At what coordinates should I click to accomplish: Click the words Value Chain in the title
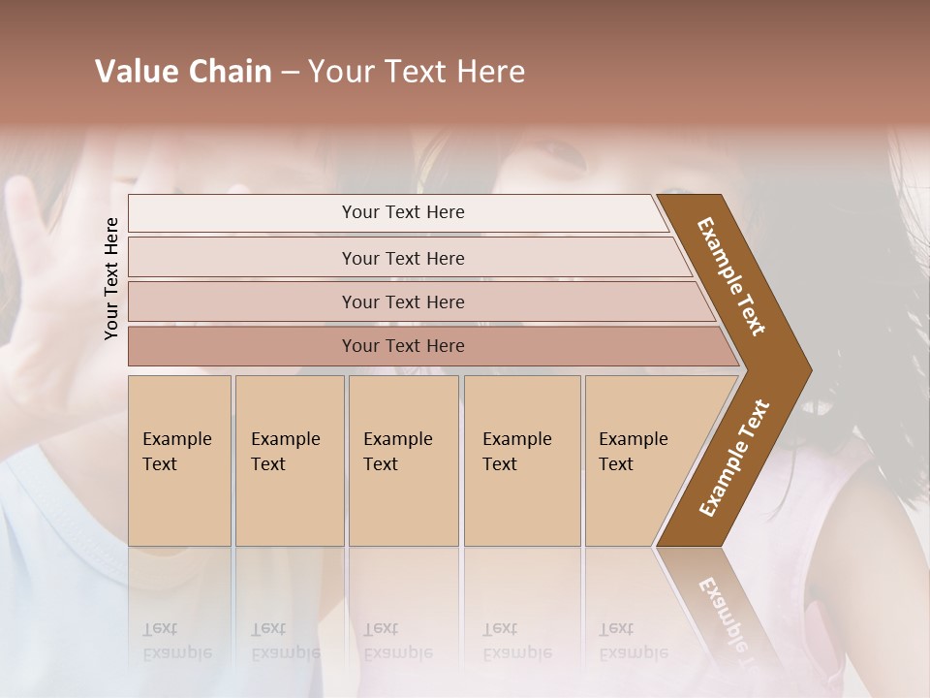tap(183, 72)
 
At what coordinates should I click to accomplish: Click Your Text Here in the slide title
tap(417, 72)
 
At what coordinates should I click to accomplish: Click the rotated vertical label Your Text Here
tap(111, 279)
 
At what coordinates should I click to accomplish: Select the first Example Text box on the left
tap(179, 460)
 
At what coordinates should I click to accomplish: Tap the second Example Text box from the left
tap(289, 460)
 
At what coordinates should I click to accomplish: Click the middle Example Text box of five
tap(403, 460)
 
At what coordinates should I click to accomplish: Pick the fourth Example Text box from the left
tap(521, 460)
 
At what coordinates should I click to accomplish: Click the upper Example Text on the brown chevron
tap(732, 276)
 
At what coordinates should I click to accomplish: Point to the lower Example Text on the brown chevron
tap(734, 458)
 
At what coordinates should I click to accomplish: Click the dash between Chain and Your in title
tap(290, 73)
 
